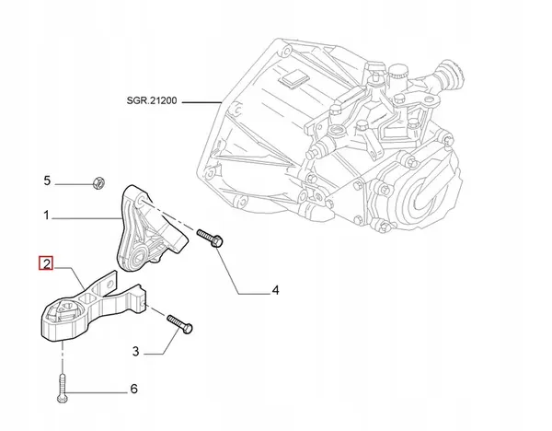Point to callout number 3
coord(135,349)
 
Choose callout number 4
coord(274,292)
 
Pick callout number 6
coord(132,389)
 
